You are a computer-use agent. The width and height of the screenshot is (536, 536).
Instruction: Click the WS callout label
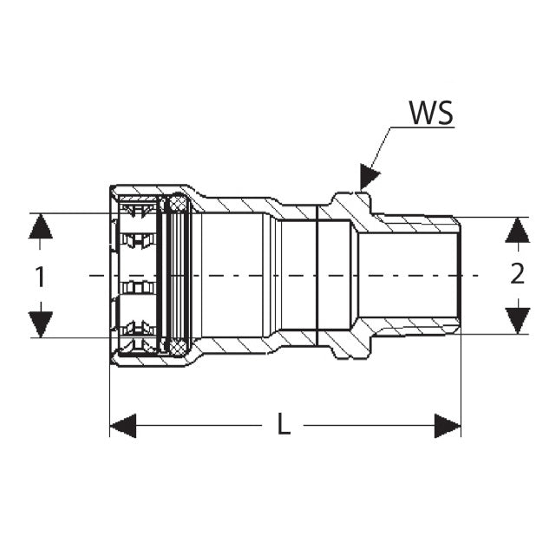click(431, 114)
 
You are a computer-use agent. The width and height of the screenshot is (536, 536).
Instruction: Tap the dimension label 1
click(40, 276)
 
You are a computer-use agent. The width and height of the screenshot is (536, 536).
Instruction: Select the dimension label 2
click(517, 274)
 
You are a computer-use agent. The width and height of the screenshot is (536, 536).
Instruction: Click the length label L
click(283, 425)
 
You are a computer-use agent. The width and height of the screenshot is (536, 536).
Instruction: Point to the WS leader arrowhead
click(368, 176)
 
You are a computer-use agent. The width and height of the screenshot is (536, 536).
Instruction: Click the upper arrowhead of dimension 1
click(40, 227)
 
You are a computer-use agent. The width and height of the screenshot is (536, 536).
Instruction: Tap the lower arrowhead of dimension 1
click(40, 324)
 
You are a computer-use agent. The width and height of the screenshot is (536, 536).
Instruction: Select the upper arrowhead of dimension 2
click(517, 230)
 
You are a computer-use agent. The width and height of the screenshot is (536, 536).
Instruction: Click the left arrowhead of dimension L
click(123, 426)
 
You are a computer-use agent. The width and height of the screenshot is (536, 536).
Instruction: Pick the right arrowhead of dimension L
click(447, 426)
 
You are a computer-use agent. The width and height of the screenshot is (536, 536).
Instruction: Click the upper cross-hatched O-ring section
click(177, 205)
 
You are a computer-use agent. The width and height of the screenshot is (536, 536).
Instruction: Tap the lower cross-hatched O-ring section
click(177, 347)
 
